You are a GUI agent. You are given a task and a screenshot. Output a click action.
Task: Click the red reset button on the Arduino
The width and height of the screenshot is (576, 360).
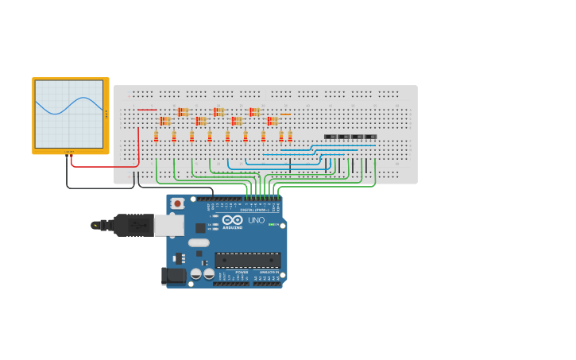point(177,203)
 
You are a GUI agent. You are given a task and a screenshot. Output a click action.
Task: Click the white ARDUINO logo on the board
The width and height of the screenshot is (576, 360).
point(233,221)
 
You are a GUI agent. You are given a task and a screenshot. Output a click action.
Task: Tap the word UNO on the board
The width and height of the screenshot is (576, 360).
point(256,220)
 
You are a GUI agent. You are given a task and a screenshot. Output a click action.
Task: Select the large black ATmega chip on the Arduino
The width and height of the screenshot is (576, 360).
point(247,260)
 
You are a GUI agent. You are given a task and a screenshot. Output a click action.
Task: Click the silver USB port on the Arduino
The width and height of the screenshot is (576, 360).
point(168,225)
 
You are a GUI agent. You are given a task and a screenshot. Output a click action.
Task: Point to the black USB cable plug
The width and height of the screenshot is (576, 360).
point(133,225)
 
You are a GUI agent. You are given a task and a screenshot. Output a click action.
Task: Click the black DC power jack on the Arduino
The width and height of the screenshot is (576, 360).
point(173,276)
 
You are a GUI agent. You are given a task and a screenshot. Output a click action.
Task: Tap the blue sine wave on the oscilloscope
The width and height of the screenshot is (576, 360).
point(69,105)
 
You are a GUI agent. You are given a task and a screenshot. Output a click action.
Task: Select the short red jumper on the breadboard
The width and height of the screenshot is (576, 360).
point(147,110)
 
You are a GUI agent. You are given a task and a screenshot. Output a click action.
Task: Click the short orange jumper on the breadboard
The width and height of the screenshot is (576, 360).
point(285,114)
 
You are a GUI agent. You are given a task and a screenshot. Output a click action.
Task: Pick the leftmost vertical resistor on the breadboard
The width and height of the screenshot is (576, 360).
point(156,136)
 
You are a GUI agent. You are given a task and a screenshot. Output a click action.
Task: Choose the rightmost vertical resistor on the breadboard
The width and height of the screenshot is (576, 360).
point(290,136)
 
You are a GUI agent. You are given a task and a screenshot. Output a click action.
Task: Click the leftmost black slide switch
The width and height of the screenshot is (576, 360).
point(330,137)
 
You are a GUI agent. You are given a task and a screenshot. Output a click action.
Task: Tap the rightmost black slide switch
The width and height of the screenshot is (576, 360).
point(371,137)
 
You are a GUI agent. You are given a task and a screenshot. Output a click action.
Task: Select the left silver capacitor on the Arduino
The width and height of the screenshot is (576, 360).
point(195,273)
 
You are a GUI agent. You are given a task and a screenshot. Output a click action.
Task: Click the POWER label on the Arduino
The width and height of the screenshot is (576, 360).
point(242,272)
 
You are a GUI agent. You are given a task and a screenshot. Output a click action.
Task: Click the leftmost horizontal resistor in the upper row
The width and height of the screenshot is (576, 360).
point(183,112)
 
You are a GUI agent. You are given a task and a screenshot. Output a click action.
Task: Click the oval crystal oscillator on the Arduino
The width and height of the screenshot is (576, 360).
point(199,242)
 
